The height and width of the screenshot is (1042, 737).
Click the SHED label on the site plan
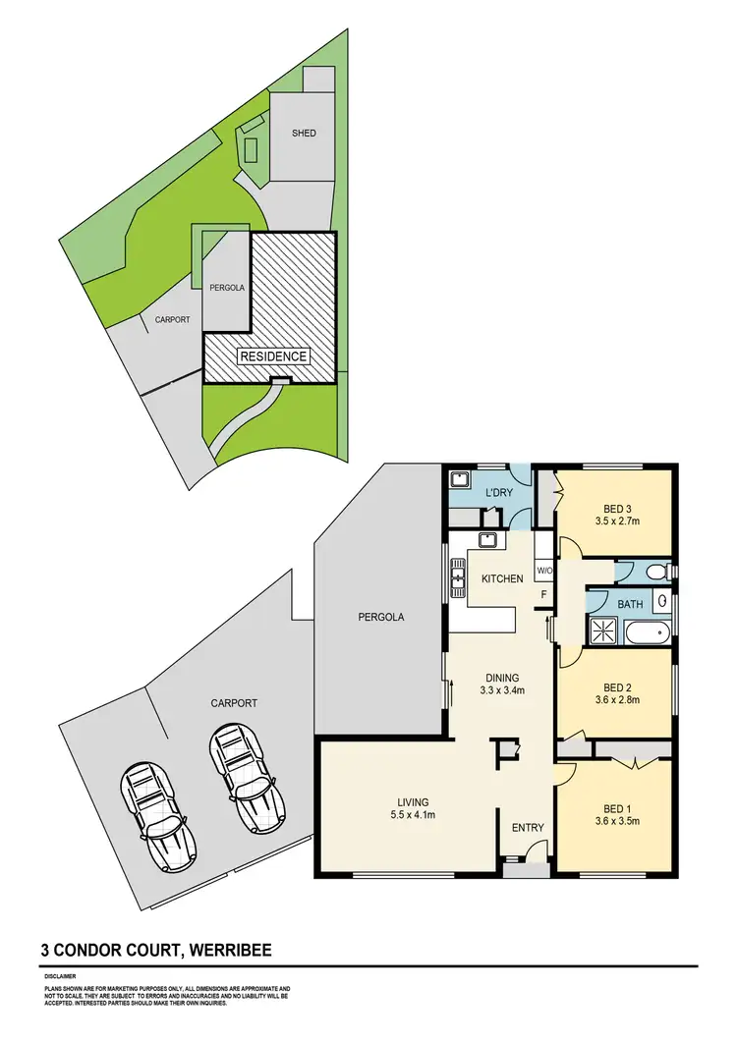tap(304, 133)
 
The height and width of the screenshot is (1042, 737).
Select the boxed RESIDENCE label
tap(273, 356)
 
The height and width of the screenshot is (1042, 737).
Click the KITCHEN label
tap(501, 578)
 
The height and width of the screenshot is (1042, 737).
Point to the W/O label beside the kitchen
tap(544, 571)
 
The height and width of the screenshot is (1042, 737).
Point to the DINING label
tap(501, 678)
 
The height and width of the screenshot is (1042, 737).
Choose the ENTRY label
tap(528, 828)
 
